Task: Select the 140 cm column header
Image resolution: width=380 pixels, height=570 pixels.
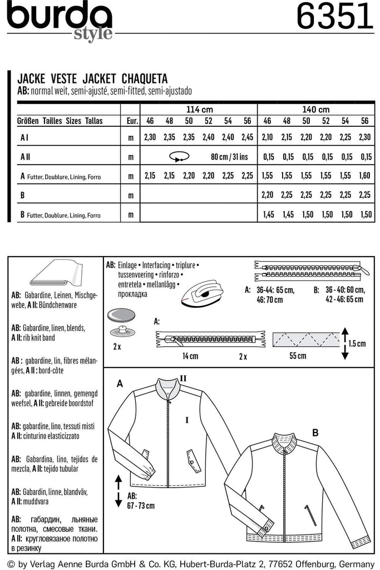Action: click(x=315, y=109)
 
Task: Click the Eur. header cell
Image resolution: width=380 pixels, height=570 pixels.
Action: click(x=132, y=121)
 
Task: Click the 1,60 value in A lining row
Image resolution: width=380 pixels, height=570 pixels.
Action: click(x=365, y=176)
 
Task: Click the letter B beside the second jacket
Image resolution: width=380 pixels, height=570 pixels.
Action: click(x=315, y=432)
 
